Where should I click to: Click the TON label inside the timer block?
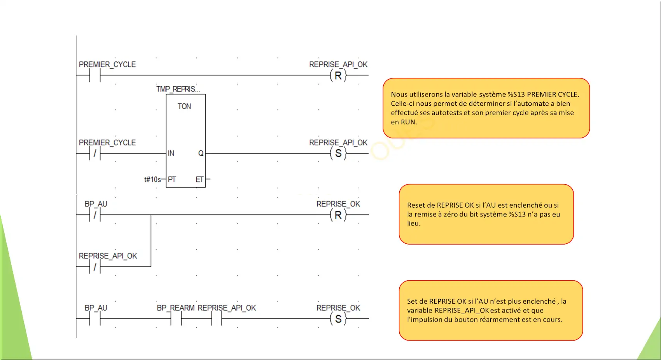click(x=184, y=106)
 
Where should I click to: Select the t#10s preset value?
click(x=152, y=179)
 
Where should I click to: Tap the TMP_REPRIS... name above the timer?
click(x=178, y=89)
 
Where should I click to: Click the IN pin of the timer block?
click(x=171, y=153)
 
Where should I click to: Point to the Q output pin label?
click(x=201, y=153)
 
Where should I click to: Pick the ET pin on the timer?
click(x=199, y=179)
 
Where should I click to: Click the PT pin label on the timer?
click(x=172, y=179)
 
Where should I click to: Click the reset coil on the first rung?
click(x=338, y=75)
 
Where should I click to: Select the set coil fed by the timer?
click(x=338, y=154)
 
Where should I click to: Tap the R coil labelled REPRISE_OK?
click(x=338, y=215)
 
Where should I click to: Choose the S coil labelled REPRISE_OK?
click(x=338, y=319)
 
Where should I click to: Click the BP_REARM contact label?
click(x=176, y=308)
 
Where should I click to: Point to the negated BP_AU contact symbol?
click(x=95, y=215)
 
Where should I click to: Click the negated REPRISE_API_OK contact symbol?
click(x=95, y=267)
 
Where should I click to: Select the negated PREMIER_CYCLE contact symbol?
click(x=95, y=154)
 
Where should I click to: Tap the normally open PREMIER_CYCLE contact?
click(x=95, y=75)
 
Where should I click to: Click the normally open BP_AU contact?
click(x=95, y=319)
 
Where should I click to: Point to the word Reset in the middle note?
click(x=416, y=205)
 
